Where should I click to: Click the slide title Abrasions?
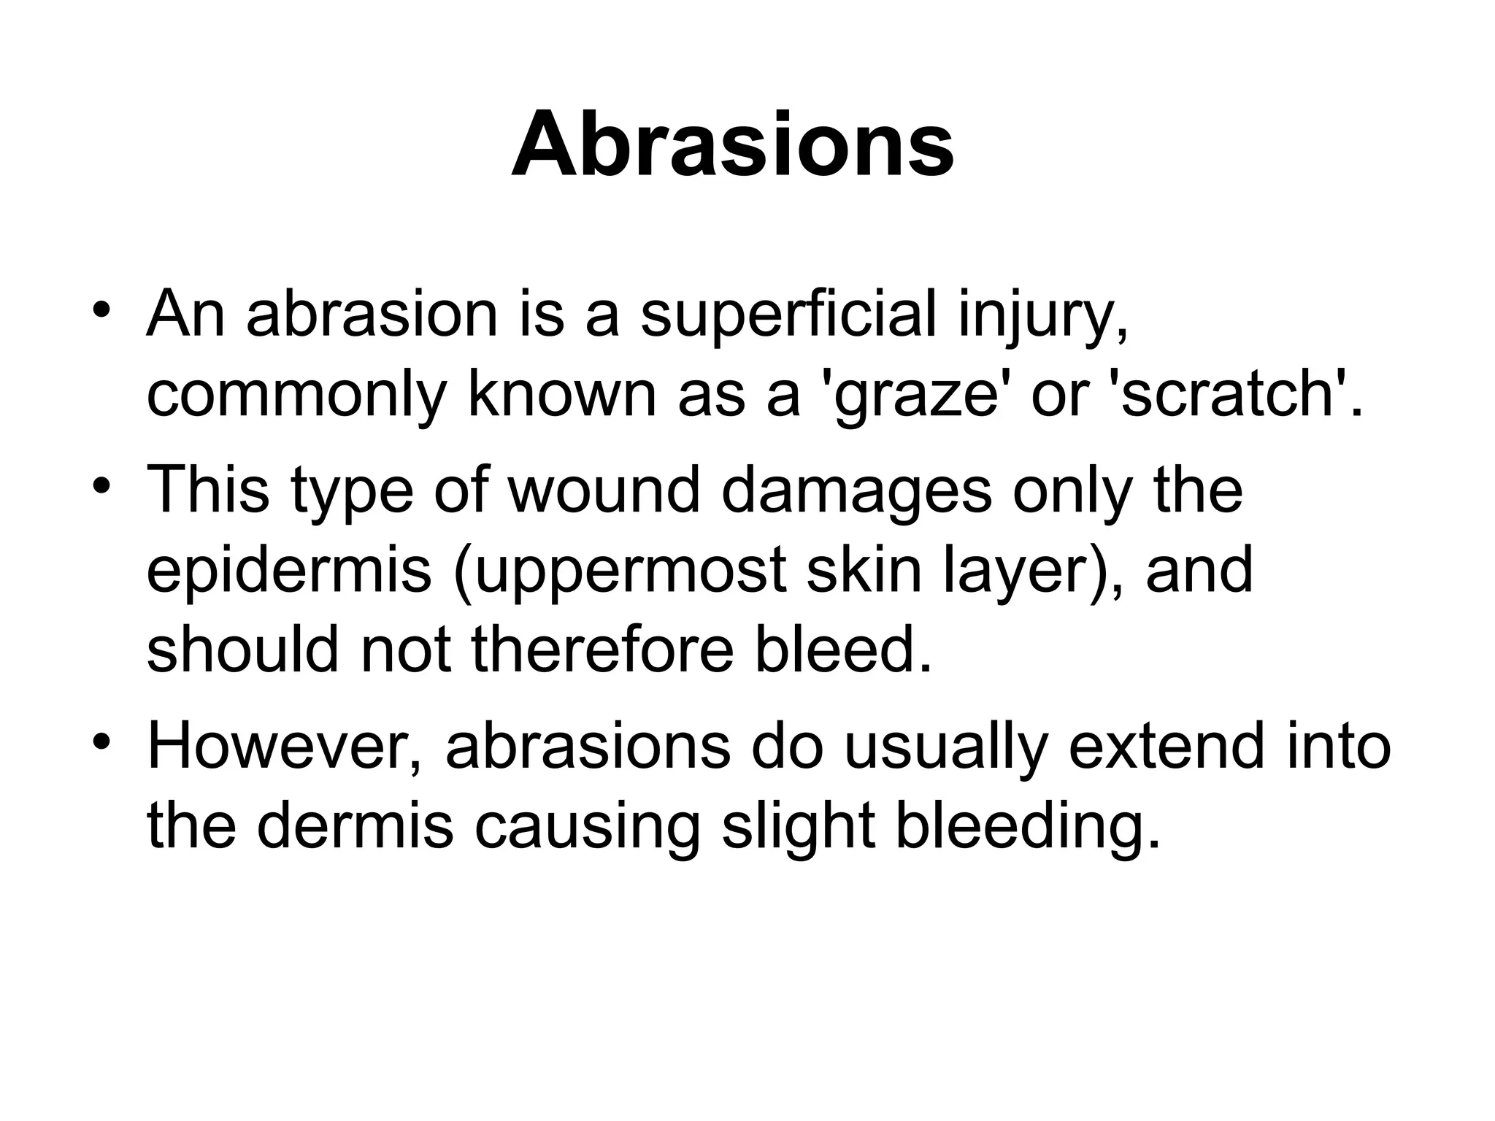pyautogui.click(x=732, y=145)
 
